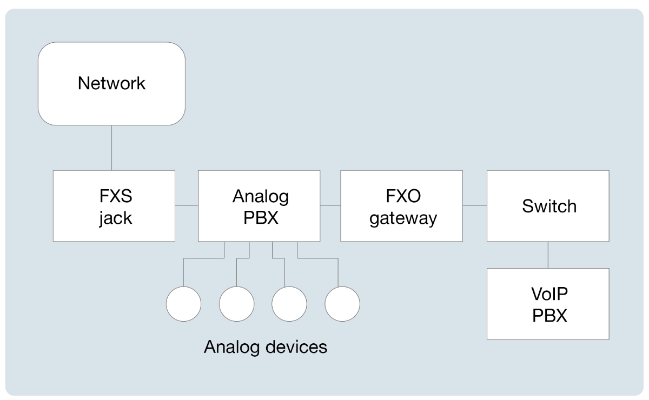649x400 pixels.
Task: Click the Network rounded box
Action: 111,84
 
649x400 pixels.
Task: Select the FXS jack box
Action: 114,205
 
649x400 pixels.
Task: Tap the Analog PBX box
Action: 259,205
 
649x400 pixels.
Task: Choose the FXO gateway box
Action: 401,205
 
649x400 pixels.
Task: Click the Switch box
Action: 548,205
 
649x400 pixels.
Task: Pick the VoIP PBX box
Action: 548,303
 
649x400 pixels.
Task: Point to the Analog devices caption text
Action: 265,346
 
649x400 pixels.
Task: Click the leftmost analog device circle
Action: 183,303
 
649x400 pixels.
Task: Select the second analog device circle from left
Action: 236,303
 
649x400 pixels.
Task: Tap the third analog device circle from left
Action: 289,303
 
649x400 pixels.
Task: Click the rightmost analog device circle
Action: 342,303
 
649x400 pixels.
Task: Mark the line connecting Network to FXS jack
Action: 111,148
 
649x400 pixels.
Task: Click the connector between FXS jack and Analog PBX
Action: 187,205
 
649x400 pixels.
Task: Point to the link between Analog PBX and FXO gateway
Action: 330,205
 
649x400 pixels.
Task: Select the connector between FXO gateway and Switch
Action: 475,205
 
